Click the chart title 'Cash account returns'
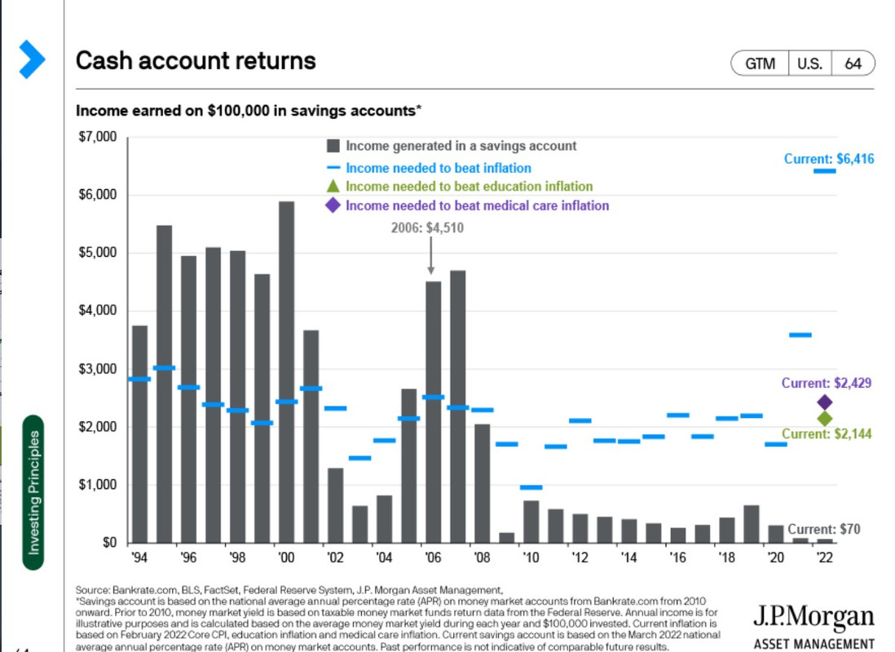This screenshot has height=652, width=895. [x=196, y=61]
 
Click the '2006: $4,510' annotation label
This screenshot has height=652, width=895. [x=428, y=228]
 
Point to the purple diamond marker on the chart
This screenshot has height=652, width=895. [x=824, y=402]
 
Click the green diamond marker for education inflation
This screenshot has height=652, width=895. [x=824, y=418]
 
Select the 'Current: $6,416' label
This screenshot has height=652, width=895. [x=828, y=159]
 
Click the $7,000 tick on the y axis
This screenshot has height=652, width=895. [x=99, y=137]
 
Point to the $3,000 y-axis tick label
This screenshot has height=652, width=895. [x=99, y=369]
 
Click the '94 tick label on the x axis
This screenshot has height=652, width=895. [x=140, y=559]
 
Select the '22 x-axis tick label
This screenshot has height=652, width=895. [x=824, y=559]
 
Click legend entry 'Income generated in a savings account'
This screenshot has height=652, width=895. [x=461, y=146]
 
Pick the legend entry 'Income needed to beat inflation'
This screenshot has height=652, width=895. [x=438, y=168]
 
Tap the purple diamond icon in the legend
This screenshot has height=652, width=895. [x=333, y=205]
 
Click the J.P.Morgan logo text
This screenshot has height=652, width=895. [x=813, y=617]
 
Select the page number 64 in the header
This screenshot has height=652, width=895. [x=853, y=64]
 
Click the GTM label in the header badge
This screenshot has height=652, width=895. [x=760, y=64]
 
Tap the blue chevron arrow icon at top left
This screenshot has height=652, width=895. [x=32, y=59]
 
